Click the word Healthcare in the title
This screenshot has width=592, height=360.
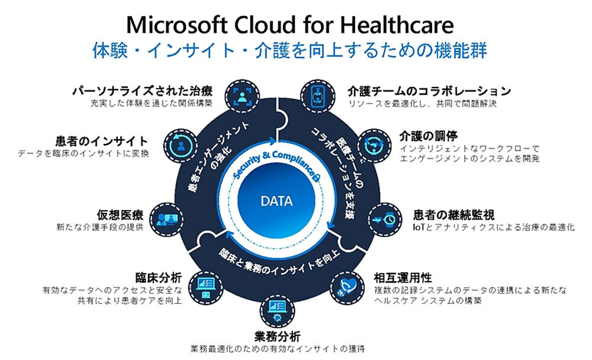(x=397, y=25)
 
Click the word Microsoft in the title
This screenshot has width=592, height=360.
(x=176, y=25)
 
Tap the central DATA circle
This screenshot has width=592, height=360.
(x=276, y=201)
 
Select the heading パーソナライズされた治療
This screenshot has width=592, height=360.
(x=142, y=91)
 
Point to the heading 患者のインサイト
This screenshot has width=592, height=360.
(x=102, y=142)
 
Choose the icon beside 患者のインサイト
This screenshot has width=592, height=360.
(x=181, y=146)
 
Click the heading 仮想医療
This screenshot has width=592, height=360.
(x=120, y=215)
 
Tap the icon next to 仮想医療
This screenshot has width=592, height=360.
(x=167, y=220)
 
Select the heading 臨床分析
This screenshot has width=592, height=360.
(x=159, y=278)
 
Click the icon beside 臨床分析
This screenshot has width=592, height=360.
(x=206, y=288)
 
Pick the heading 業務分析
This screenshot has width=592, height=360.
(x=277, y=336)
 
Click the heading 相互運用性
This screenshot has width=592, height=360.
(x=403, y=278)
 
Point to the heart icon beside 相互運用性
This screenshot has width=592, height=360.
(x=348, y=288)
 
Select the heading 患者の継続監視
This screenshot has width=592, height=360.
(x=453, y=215)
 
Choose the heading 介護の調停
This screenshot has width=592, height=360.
(x=429, y=136)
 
